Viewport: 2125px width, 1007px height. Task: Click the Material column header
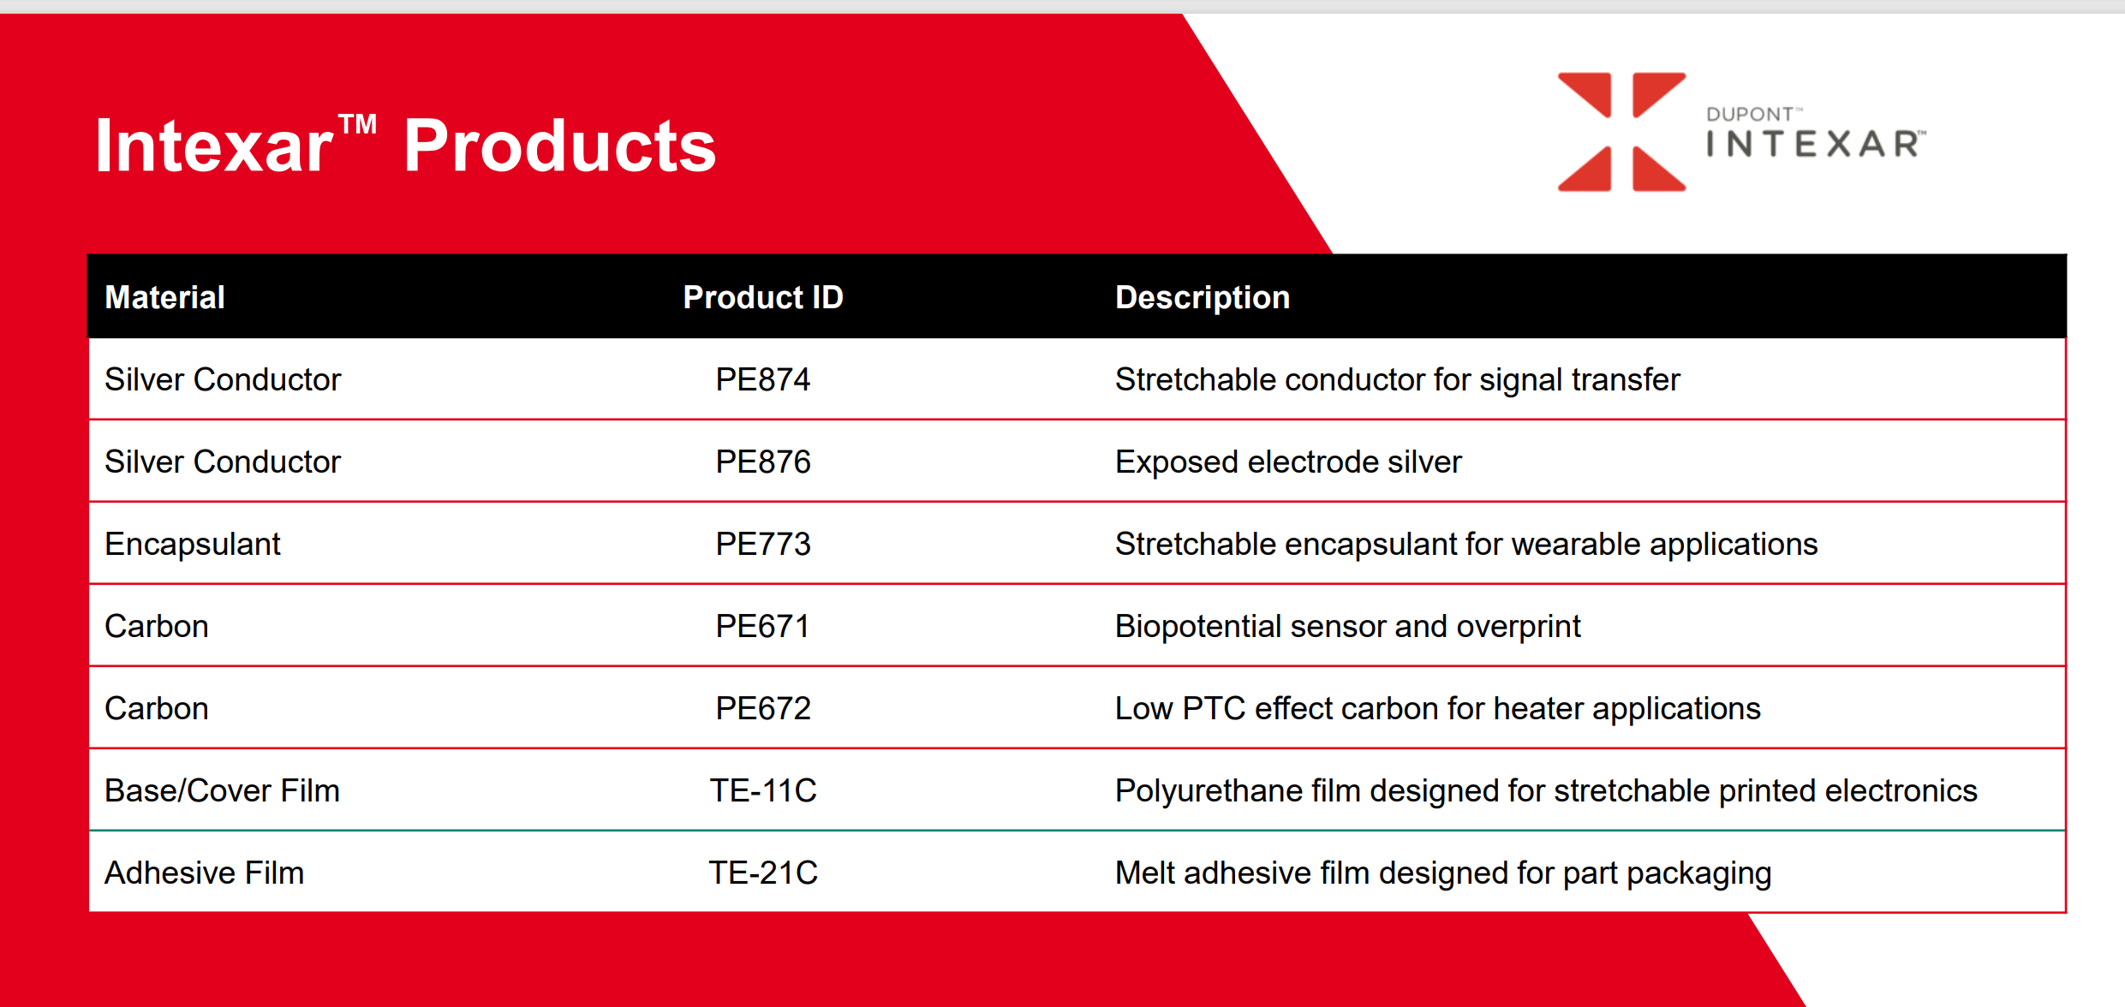(164, 297)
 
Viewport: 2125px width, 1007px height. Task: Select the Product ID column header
(763, 297)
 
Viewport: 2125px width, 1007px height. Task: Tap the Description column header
(1203, 298)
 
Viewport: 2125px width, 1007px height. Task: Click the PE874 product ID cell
(763, 379)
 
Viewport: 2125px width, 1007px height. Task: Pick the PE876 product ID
(763, 462)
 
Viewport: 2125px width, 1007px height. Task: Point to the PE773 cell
(763, 544)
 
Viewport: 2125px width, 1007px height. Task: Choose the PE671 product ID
(763, 626)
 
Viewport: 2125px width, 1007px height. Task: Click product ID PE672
(763, 708)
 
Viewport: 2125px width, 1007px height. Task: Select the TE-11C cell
(763, 790)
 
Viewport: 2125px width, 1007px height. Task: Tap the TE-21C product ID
(763, 873)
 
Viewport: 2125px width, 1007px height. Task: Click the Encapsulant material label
(193, 545)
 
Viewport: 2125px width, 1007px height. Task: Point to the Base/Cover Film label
(222, 790)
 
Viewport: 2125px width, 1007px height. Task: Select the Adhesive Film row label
(204, 873)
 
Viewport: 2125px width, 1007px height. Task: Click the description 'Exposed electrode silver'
(1288, 462)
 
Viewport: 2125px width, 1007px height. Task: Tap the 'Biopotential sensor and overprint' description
(1347, 627)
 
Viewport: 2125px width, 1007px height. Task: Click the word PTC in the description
(1214, 708)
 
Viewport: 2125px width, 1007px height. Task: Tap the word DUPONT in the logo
(1750, 115)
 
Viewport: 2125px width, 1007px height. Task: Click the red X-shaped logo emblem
(1621, 132)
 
